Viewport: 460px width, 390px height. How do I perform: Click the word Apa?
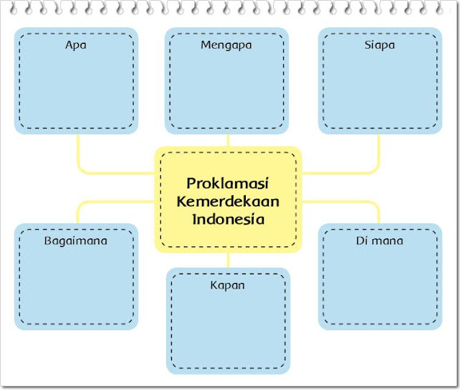click(75, 45)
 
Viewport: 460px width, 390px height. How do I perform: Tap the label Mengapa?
click(226, 45)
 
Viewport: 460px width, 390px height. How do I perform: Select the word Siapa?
click(379, 45)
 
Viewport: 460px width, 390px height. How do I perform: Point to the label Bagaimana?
click(75, 241)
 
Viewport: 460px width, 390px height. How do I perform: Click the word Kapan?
click(228, 285)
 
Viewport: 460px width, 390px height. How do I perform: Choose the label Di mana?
click(379, 241)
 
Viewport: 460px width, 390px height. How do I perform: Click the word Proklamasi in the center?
click(228, 183)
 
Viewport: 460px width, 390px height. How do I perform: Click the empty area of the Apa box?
click(75, 90)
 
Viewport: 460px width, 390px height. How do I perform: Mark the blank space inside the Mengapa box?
click(226, 90)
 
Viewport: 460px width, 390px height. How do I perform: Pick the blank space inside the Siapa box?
click(379, 90)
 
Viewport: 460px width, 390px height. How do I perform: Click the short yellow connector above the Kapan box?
click(228, 260)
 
